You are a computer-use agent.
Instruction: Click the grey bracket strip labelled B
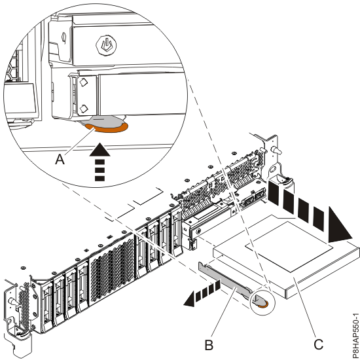click(226, 278)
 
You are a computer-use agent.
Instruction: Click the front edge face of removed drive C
click(308, 275)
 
